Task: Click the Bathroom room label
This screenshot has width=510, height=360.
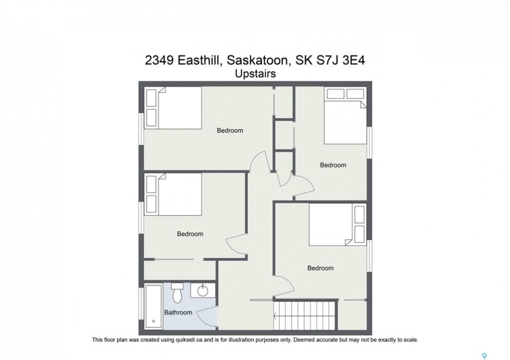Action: coord(178,312)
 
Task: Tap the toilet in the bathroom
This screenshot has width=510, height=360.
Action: coord(177,292)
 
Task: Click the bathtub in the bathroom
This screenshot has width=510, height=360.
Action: coord(154,306)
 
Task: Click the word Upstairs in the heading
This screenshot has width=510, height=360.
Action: coord(255,74)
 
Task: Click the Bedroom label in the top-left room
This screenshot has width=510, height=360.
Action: coord(230,130)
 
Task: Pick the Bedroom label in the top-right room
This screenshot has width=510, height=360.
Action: coord(333,165)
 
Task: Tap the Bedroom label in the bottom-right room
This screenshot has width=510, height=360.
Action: coord(320,268)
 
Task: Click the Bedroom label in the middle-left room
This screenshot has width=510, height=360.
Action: coord(190,234)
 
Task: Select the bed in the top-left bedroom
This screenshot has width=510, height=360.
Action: coord(173,108)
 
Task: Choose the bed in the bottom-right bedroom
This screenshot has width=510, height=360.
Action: coord(337,225)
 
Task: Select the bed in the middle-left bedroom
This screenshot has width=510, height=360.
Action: coord(173,194)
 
